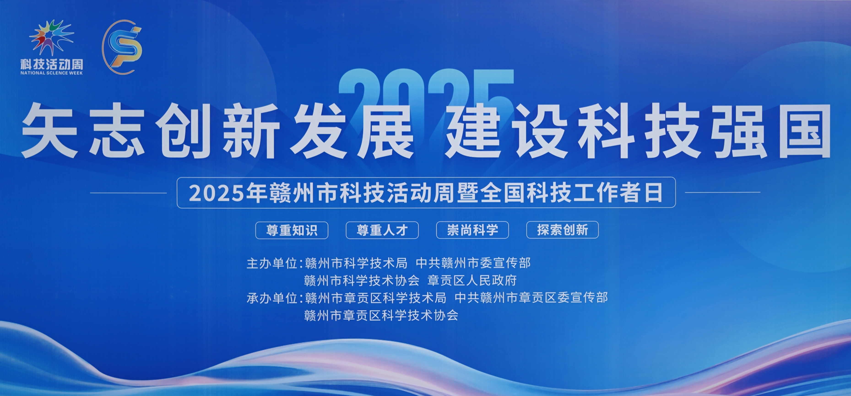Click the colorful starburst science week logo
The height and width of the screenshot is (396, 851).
(51, 37)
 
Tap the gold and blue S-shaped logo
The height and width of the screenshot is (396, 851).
(122, 47)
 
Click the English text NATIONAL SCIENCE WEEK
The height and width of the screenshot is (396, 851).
(51, 73)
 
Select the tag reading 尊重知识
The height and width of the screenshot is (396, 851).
(292, 230)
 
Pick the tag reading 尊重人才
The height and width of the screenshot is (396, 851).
(382, 230)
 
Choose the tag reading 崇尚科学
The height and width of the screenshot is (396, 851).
(472, 230)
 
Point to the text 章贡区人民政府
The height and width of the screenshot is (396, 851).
(472, 281)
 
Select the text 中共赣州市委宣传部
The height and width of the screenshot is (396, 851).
(473, 263)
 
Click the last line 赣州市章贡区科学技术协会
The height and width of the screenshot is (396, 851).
(381, 316)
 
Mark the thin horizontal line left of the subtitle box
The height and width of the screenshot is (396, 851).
(128, 193)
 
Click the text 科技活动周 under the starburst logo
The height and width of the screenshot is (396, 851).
(51, 64)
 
